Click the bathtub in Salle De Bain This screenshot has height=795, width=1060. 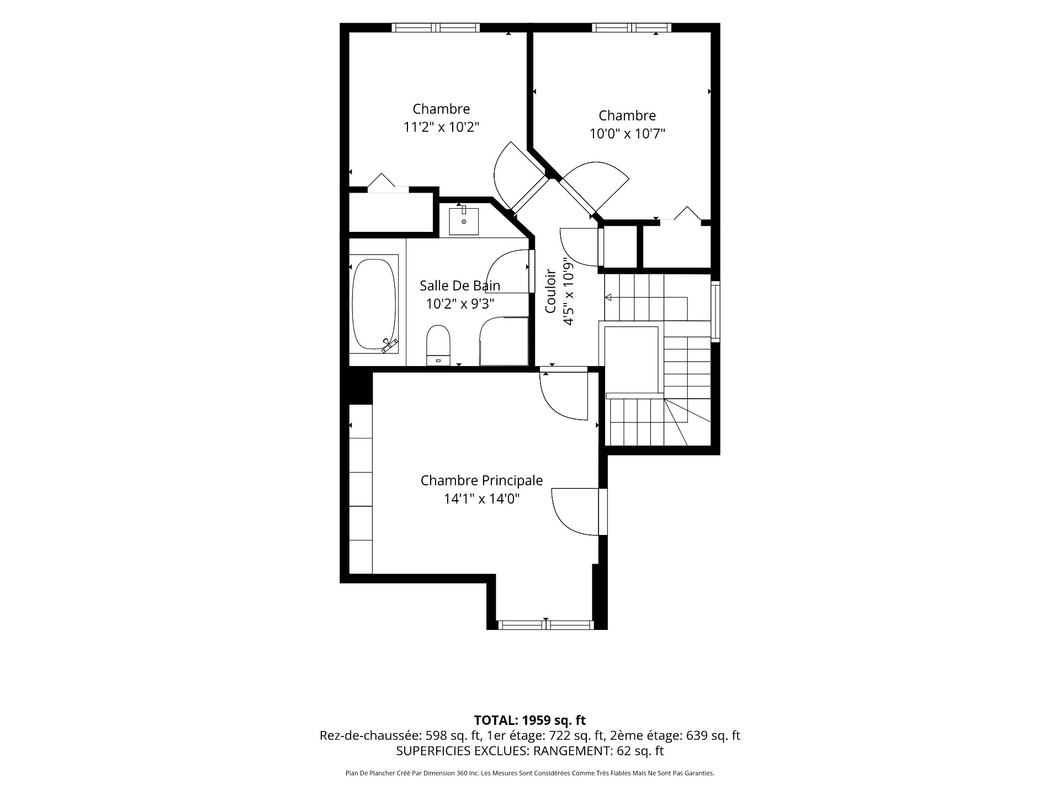pyautogui.click(x=375, y=304)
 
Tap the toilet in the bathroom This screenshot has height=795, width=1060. pyautogui.click(x=439, y=345)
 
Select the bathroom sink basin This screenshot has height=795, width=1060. pyautogui.click(x=464, y=220)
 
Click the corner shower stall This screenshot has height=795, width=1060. pyautogui.click(x=504, y=341)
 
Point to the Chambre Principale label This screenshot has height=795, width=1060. pyautogui.click(x=481, y=480)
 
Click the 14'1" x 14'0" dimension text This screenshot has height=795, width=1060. pyautogui.click(x=481, y=499)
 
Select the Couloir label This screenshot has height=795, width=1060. pyautogui.click(x=550, y=299)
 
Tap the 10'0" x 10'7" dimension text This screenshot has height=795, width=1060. pyautogui.click(x=627, y=134)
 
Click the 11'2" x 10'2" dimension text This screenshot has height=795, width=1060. pyautogui.click(x=441, y=127)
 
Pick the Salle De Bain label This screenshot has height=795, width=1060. pyautogui.click(x=460, y=285)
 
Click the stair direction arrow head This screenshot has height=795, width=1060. pyautogui.click(x=608, y=298)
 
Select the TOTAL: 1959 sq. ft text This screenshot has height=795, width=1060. pyautogui.click(x=530, y=720)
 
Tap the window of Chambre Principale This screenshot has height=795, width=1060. pyautogui.click(x=545, y=625)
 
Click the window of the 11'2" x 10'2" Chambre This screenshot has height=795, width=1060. pyautogui.click(x=436, y=28)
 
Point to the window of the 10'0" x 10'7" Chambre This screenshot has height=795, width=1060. pyautogui.click(x=632, y=28)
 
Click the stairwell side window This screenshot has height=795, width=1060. pyautogui.click(x=715, y=311)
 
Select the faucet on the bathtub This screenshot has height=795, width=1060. pyautogui.click(x=390, y=345)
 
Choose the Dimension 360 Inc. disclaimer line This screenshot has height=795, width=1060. pyautogui.click(x=530, y=773)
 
